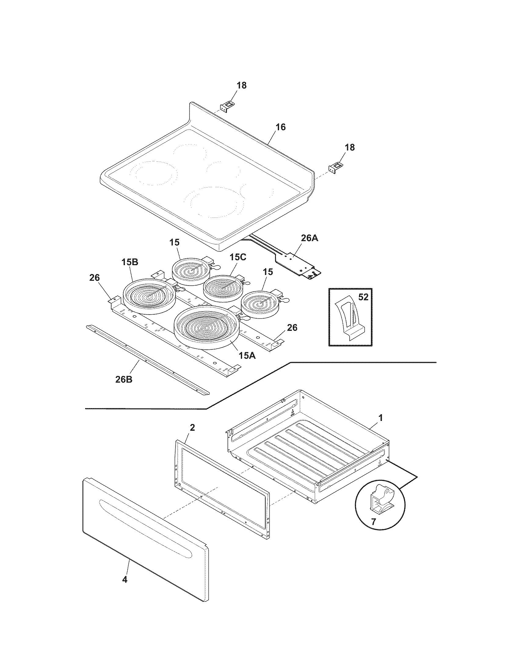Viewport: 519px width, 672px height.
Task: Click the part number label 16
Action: click(280, 127)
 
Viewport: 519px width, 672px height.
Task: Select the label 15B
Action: click(129, 262)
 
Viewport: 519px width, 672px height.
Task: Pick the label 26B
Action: click(124, 379)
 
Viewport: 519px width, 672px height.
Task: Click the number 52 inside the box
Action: click(363, 297)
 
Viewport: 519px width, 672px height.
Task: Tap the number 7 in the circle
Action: click(373, 522)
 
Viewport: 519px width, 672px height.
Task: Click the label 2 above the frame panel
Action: click(192, 427)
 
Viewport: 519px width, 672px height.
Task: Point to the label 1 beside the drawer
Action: click(380, 418)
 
